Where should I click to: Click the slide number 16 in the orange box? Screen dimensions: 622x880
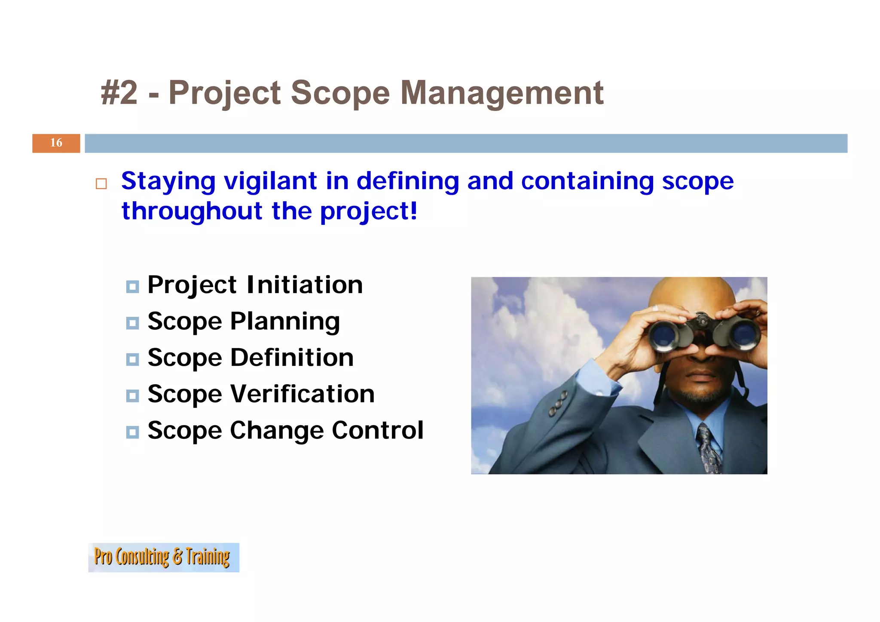tap(56, 143)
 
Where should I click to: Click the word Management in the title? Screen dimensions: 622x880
tap(502, 93)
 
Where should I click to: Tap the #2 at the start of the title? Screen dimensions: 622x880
tap(119, 93)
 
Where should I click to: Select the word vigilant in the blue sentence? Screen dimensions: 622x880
tap(271, 181)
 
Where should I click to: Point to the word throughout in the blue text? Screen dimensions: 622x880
tap(192, 211)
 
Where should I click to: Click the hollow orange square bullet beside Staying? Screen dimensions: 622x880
tap(101, 184)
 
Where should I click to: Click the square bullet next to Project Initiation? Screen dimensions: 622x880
tap(132, 286)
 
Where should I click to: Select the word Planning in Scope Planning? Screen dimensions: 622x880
tap(285, 322)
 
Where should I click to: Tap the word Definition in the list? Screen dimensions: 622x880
tap(292, 358)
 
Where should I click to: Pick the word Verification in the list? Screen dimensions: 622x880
tap(302, 394)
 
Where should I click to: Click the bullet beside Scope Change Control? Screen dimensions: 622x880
tap(132, 432)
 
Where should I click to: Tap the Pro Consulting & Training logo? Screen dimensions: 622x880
tap(163, 557)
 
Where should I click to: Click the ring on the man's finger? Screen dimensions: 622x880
tap(655, 308)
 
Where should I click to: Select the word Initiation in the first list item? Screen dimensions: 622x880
tap(305, 285)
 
